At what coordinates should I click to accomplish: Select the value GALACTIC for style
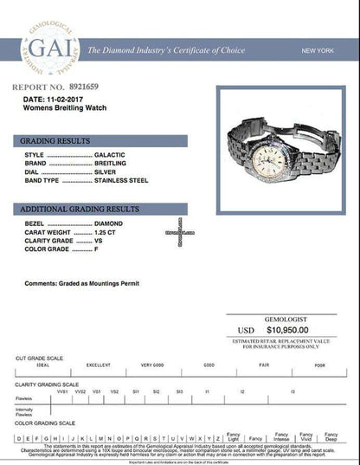click(x=111, y=154)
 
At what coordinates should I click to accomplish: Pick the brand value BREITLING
click(x=112, y=163)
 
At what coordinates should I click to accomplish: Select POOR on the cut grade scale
click(x=320, y=365)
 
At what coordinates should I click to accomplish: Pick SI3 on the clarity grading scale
click(x=179, y=391)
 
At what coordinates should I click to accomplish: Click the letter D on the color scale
click(x=18, y=438)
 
